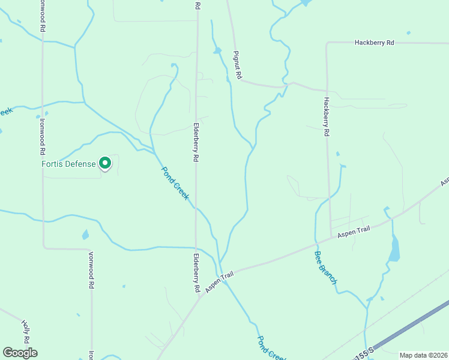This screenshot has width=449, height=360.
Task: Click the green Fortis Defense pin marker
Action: tap(105, 163)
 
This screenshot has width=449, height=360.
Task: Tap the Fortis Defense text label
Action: tap(68, 164)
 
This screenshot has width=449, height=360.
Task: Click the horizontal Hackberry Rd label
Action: tap(374, 43)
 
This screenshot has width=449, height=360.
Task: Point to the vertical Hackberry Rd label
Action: tap(327, 117)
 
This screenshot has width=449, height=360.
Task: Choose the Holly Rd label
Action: tap(26, 331)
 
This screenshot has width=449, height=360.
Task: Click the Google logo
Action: tap(20, 353)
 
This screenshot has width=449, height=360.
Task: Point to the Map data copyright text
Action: tap(423, 355)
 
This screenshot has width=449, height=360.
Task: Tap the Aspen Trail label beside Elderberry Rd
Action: tap(218, 283)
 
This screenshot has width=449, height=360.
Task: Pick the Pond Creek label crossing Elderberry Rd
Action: tap(176, 183)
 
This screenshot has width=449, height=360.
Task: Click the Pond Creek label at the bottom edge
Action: tap(272, 349)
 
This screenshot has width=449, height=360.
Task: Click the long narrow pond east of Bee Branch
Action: tap(394, 249)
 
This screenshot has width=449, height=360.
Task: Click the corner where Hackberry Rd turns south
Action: tap(327, 43)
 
